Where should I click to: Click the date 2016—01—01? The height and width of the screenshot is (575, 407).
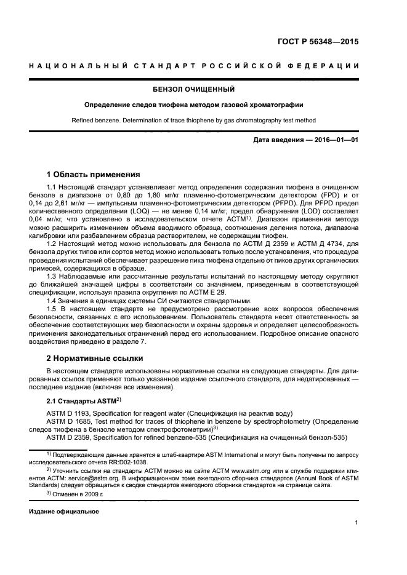click(x=335, y=141)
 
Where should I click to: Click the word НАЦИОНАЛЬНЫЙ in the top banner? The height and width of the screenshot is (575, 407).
click(x=72, y=66)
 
